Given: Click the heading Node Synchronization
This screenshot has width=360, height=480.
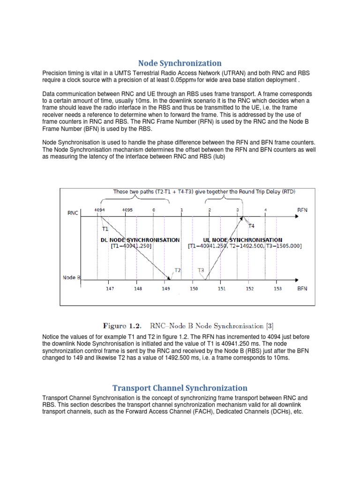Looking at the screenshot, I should [x=180, y=63].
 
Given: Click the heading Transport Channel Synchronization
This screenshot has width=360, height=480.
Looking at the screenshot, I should [x=180, y=388].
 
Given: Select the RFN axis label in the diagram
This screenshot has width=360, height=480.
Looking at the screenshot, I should [x=303, y=211].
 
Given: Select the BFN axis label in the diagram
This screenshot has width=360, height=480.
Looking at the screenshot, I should [x=303, y=289].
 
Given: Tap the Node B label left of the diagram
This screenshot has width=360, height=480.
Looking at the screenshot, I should [x=72, y=277].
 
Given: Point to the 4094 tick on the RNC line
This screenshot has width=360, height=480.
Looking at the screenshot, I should [x=99, y=210].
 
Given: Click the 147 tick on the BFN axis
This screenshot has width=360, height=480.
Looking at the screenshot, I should [x=110, y=289].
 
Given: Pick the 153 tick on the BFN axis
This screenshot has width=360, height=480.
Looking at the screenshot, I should [x=277, y=289].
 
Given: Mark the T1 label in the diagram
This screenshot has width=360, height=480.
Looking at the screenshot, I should [x=105, y=230].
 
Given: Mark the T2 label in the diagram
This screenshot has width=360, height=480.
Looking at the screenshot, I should [x=178, y=270].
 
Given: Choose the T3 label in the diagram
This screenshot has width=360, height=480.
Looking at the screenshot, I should [x=201, y=270].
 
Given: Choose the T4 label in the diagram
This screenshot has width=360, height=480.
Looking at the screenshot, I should [x=251, y=226].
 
